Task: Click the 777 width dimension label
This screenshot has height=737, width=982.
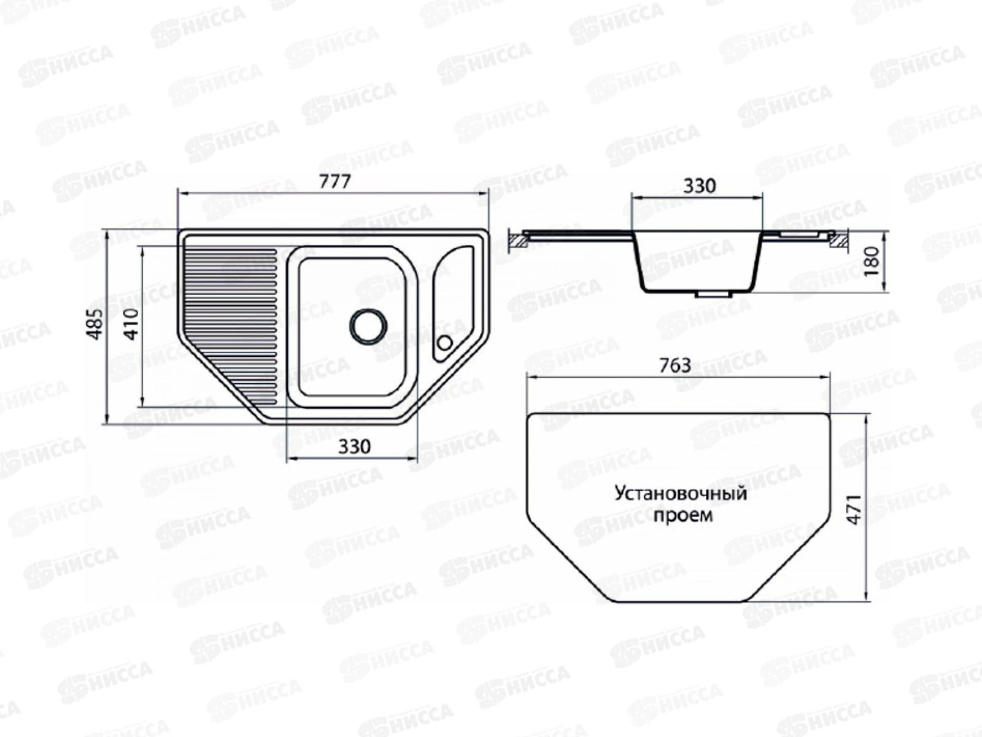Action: pyautogui.click(x=335, y=182)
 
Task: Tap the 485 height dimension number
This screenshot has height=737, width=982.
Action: pyautogui.click(x=96, y=324)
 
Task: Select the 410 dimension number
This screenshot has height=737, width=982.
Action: pyautogui.click(x=131, y=324)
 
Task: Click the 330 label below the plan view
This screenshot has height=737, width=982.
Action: pyautogui.click(x=355, y=446)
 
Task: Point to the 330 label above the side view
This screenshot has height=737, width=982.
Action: pyautogui.click(x=700, y=185)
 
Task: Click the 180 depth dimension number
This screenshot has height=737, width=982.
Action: pyautogui.click(x=872, y=262)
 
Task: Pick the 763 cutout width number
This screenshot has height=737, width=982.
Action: pyautogui.click(x=675, y=365)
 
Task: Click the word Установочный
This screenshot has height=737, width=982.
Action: pyautogui.click(x=681, y=494)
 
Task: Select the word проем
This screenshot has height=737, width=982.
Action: pyautogui.click(x=683, y=515)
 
